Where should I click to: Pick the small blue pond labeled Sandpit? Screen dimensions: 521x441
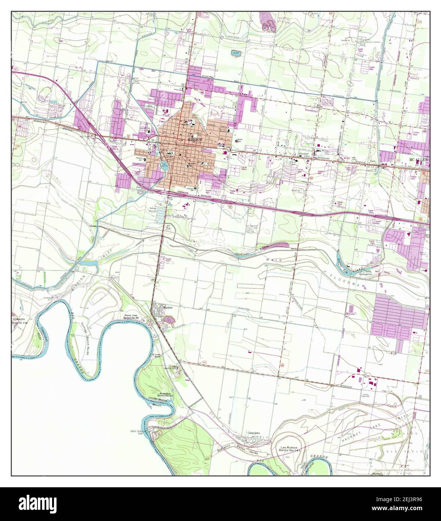(235, 53)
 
